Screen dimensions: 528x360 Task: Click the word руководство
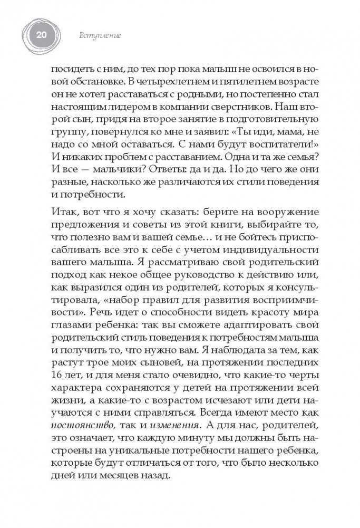click(x=211, y=285)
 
